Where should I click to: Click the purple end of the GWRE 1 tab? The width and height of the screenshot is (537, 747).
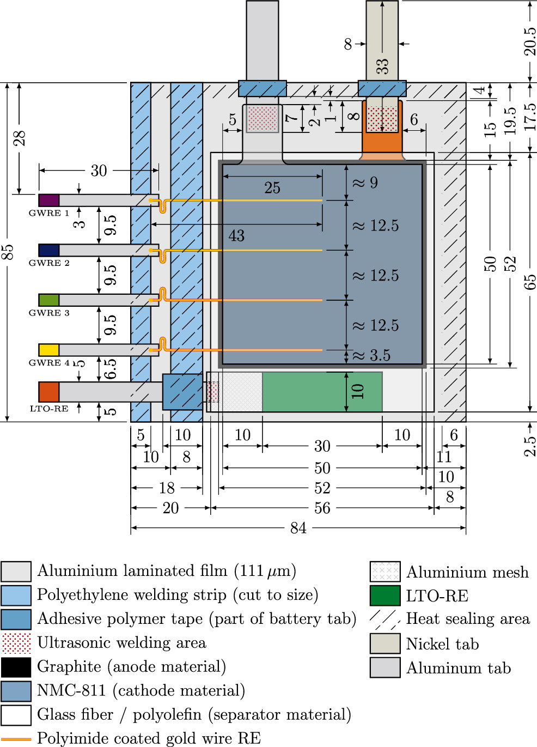[x=48, y=200]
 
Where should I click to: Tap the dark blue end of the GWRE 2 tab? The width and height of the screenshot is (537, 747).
[x=48, y=250]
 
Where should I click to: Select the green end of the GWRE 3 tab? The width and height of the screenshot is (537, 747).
[x=48, y=300]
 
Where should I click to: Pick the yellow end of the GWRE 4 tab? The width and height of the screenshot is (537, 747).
[x=48, y=350]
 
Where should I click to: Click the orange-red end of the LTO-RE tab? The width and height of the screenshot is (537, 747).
[x=48, y=392]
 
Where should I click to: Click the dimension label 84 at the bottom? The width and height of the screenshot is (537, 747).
[x=298, y=527]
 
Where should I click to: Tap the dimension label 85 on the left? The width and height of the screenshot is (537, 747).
[x=7, y=252]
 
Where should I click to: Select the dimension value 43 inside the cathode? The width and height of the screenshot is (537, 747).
[x=236, y=236]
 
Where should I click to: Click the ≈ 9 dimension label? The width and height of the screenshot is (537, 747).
[x=365, y=183]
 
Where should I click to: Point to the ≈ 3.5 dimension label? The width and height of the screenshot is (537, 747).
[x=371, y=355]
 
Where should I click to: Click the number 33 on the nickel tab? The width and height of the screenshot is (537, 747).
[x=383, y=66]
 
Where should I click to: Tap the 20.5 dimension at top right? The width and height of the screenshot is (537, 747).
[x=530, y=41]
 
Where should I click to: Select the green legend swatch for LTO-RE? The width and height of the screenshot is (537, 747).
[x=385, y=596]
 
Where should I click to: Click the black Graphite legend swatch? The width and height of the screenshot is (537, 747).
[x=16, y=667]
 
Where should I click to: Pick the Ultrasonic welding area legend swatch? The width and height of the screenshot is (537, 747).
[x=16, y=643]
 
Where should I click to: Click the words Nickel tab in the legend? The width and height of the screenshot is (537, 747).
[x=442, y=644]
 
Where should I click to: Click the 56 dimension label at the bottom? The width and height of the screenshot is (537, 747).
[x=322, y=508]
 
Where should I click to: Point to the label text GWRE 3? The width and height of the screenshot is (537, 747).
[x=49, y=313]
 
